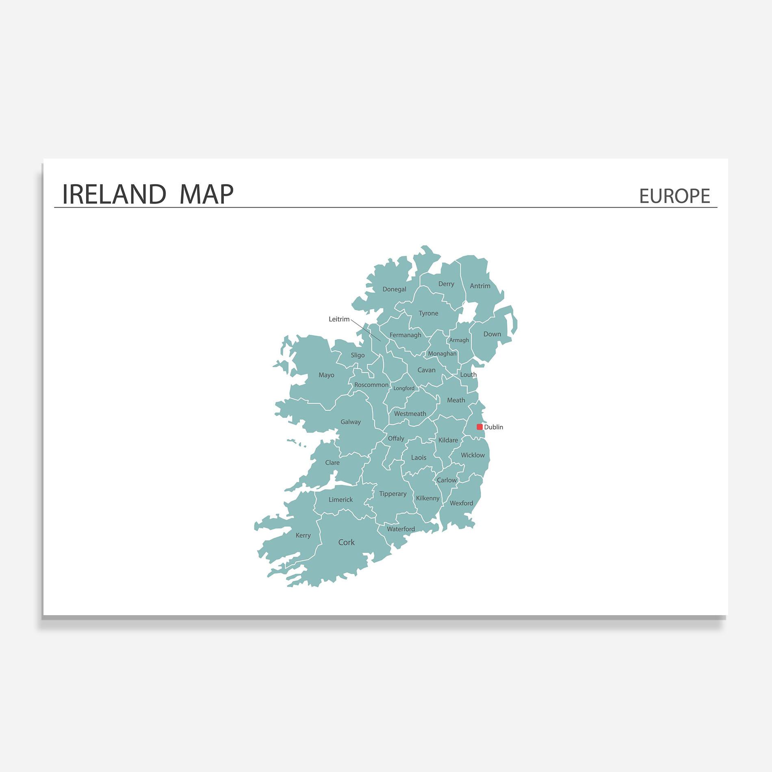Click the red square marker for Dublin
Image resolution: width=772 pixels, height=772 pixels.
coord(479,427)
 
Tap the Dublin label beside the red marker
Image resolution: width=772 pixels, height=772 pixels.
coord(494,427)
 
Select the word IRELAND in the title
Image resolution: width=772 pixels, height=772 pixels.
coord(114,194)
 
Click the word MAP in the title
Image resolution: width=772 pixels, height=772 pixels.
coord(206,194)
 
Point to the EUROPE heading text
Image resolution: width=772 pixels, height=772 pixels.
coord(674,196)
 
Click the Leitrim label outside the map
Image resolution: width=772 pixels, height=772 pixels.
coord(339,319)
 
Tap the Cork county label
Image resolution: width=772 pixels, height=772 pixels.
coord(346,542)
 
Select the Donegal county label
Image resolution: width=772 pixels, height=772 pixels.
coord(394,289)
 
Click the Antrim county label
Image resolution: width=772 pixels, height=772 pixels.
coord(480,286)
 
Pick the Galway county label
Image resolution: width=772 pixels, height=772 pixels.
coord(351,422)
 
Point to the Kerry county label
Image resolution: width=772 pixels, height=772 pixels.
coord(303,536)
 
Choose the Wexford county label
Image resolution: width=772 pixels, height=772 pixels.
coord(461,503)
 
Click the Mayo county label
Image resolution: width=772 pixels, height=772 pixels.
coord(326,375)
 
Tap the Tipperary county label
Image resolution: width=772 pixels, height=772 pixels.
coord(393,494)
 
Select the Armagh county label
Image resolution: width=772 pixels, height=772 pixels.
coord(459,340)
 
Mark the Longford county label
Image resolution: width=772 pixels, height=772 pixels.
coord(404,388)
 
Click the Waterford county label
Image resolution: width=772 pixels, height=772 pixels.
coord(401,529)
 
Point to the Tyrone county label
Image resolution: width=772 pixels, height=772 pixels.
coord(428,313)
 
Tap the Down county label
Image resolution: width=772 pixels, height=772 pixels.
coord(492,334)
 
